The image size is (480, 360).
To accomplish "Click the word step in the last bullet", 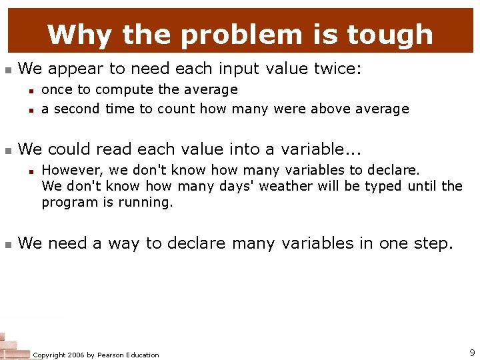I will (x=431, y=243).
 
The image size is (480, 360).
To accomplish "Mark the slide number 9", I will (x=472, y=353).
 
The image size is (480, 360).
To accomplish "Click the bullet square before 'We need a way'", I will (x=8, y=245).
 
